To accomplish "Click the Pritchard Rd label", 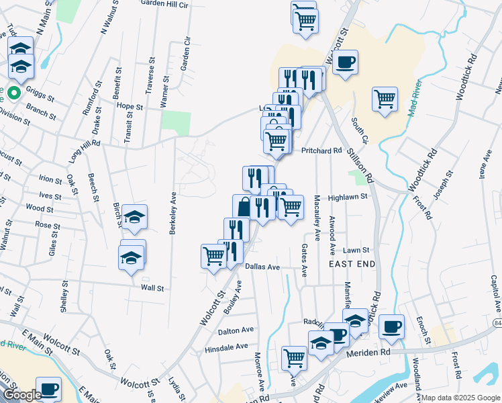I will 321,150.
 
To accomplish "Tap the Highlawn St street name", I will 348,197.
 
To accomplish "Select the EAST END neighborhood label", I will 352,265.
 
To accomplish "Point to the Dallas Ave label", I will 262,267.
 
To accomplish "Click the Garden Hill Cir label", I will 164,3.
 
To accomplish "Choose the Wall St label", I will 152,287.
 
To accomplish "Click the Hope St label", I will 130,107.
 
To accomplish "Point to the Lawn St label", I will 356,250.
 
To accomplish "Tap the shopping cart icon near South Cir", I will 385,99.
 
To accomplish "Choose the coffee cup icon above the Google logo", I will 48,388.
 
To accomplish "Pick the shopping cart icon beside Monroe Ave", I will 293,358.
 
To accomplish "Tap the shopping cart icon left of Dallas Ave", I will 213,256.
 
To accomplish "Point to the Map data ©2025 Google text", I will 461,398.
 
